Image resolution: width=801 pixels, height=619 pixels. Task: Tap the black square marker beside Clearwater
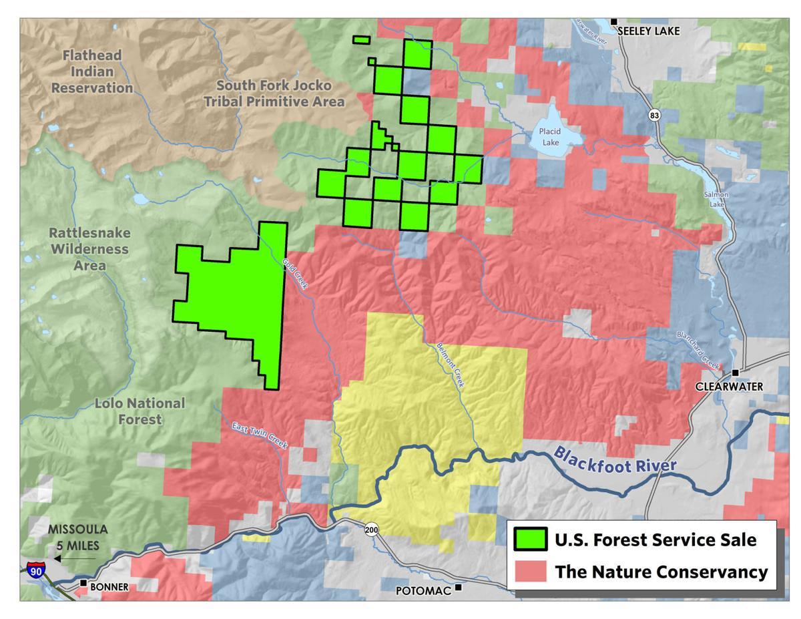point(735,373)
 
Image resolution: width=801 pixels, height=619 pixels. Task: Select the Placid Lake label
point(552,137)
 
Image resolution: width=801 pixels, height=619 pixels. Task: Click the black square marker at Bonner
point(83,584)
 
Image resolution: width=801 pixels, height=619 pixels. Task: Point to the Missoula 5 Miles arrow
point(74,558)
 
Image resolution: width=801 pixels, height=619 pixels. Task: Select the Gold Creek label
point(294,274)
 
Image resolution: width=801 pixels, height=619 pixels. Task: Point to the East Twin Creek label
point(260,435)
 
